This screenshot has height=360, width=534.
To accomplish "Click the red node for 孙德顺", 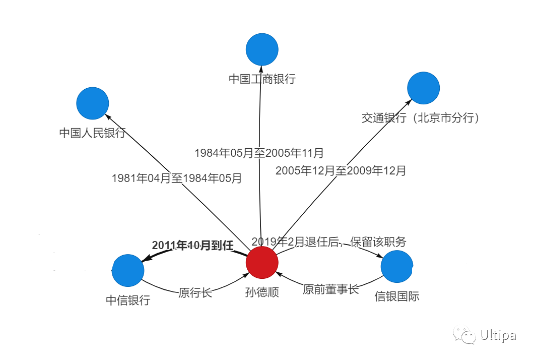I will pos(262,262).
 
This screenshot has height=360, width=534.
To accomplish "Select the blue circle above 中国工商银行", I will pos(262,49).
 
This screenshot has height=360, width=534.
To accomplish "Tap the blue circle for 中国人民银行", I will pos(93,103).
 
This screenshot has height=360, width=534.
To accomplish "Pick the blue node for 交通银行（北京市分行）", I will pos(423,88).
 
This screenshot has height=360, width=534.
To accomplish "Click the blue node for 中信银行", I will pos(128,270).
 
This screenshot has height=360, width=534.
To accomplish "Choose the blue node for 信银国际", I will pos(397,266).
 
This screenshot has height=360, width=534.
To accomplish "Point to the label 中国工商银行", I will pos(262,79).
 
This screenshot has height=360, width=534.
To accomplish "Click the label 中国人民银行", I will pos(92,133).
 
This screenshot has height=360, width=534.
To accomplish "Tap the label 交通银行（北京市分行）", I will pos(421,118).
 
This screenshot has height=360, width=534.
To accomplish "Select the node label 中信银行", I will pos(128,301).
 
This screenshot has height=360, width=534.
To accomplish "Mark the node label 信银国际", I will pos(397,296).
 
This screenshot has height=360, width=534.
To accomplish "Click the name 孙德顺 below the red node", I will pos(262,292).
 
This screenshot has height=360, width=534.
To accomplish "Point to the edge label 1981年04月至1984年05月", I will pos(177,178).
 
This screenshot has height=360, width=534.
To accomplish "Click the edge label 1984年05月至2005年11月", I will pos(259,152).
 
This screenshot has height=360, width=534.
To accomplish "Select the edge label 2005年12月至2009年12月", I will pos(341,170).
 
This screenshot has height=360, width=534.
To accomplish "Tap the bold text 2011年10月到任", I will pos(192,246).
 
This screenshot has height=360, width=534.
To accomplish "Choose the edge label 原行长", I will pos(195,293).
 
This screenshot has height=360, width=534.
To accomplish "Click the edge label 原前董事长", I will pos(330,289).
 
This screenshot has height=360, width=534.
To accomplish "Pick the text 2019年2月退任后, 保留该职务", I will pos(328,242).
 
